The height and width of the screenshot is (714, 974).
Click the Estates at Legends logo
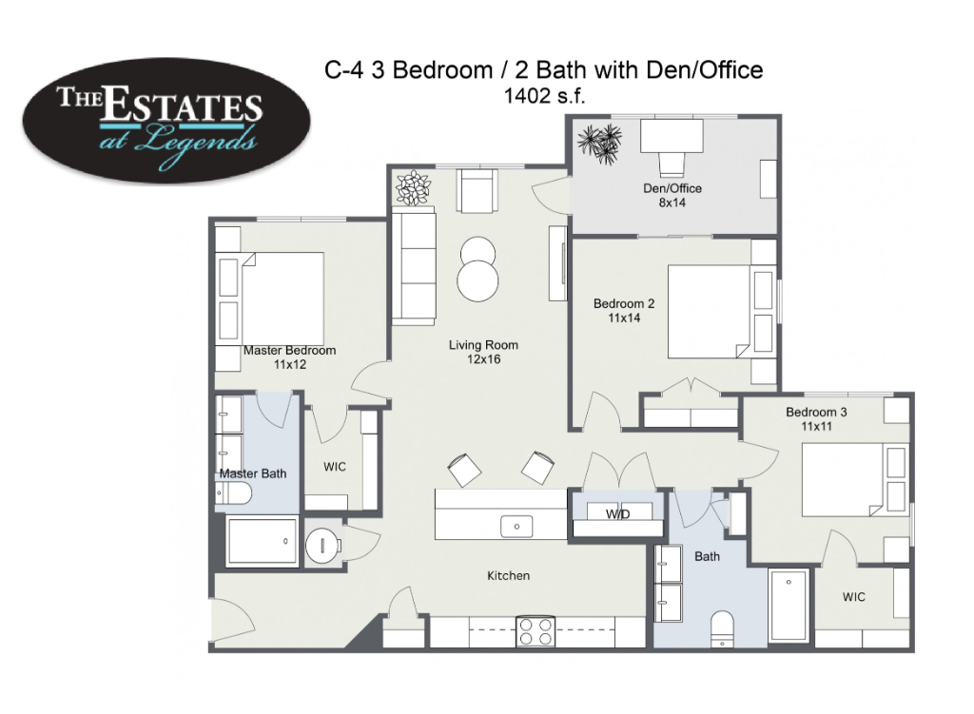tap(166, 121)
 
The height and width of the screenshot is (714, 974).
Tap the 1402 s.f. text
tap(544, 96)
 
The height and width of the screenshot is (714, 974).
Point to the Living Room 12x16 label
tap(483, 352)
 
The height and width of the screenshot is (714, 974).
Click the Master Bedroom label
tap(289, 350)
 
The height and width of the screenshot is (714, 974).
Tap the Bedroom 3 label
tap(816, 413)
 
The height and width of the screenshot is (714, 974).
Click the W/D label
tap(617, 514)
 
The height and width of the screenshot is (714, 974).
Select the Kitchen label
tap(508, 576)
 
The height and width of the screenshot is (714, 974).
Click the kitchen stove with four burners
tap(536, 632)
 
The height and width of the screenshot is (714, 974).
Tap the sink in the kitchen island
tap(516, 527)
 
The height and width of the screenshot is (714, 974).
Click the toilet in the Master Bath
tap(234, 494)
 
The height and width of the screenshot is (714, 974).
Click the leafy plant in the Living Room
tap(413, 187)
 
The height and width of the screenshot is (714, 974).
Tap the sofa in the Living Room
tap(413, 268)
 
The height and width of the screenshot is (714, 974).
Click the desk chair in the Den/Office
tap(672, 164)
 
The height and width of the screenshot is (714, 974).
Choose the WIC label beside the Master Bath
tap(335, 467)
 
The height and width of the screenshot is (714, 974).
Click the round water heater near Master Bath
tap(323, 546)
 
